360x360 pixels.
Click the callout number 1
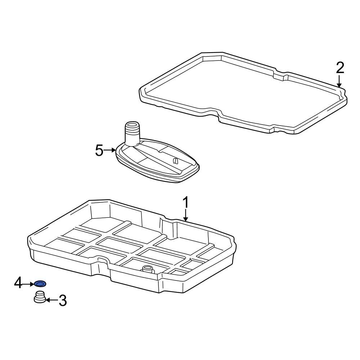click(185, 203)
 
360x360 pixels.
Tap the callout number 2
click(340, 68)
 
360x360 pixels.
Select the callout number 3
click(63, 300)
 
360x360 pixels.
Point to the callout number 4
click(18, 283)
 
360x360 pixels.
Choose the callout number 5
click(99, 150)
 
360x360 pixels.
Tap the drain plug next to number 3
click(40, 298)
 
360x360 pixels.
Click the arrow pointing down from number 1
click(185, 216)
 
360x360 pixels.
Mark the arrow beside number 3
click(51, 300)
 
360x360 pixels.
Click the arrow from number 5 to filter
click(109, 150)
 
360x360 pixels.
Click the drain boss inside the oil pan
click(147, 269)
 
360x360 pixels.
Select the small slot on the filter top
click(175, 161)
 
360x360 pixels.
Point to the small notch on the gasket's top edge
click(281, 76)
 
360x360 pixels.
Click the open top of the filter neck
click(132, 125)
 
